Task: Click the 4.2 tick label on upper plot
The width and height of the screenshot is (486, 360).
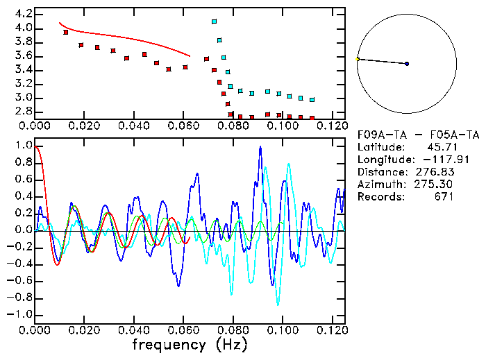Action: pos(20,14)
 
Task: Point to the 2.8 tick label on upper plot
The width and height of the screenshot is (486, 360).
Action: pos(20,111)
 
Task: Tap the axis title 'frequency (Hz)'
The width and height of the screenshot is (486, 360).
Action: pos(190,344)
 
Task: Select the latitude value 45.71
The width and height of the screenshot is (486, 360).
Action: pos(440,147)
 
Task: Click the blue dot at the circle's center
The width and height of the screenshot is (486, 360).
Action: pos(407,64)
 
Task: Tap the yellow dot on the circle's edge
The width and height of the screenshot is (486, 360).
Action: pos(358,59)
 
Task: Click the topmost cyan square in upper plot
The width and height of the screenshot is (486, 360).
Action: pos(214,22)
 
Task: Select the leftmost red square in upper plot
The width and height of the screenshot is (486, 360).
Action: pos(66,32)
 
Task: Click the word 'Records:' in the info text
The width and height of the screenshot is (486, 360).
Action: pos(379,197)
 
